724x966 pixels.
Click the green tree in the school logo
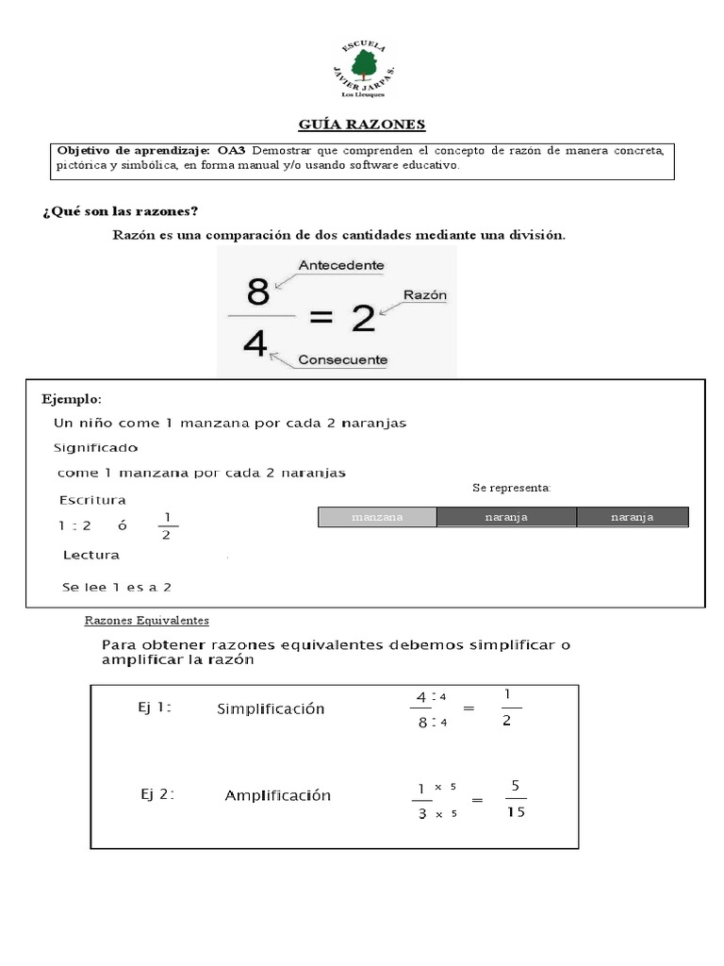pyautogui.click(x=362, y=65)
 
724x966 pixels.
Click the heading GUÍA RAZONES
pyautogui.click(x=362, y=124)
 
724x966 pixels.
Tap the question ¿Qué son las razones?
pyautogui.click(x=120, y=210)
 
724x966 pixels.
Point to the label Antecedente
pyautogui.click(x=340, y=266)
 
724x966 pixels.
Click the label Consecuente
pyautogui.click(x=342, y=359)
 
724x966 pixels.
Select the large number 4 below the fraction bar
pyautogui.click(x=255, y=342)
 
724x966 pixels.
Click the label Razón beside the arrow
pyautogui.click(x=425, y=294)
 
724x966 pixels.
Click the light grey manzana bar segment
pyautogui.click(x=377, y=517)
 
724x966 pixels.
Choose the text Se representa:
pyautogui.click(x=512, y=488)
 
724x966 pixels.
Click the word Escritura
pyautogui.click(x=92, y=500)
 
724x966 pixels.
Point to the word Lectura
pyautogui.click(x=90, y=555)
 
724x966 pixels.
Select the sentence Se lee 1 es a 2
pyautogui.click(x=117, y=587)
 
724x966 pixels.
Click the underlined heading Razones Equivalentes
pyautogui.click(x=147, y=621)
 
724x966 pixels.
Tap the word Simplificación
pyautogui.click(x=271, y=708)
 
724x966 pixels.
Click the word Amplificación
pyautogui.click(x=278, y=795)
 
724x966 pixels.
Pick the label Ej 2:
pyautogui.click(x=157, y=794)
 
